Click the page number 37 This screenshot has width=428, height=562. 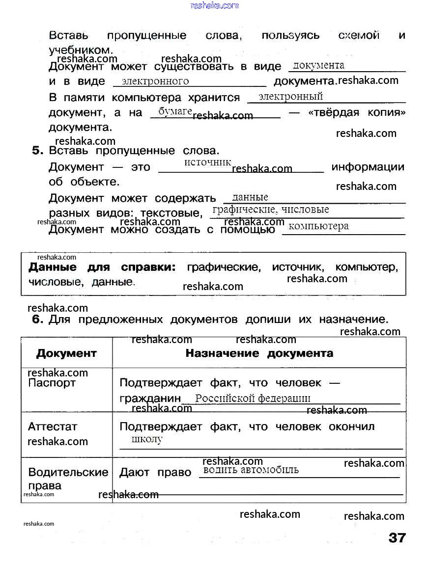tap(397, 537)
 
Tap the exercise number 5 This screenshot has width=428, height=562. tap(38, 151)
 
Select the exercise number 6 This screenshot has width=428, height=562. tap(38, 320)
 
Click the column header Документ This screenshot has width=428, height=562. tap(66, 353)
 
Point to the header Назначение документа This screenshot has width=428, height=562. tap(259, 353)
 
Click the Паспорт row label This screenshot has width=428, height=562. tap(52, 383)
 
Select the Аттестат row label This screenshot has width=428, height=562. tap(53, 427)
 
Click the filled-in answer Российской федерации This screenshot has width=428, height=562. tap(253, 399)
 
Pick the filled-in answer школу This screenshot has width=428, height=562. tap(147, 439)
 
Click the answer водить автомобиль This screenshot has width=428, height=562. tap(251, 470)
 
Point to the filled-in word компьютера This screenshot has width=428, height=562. tap(318, 226)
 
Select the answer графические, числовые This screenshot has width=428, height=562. tap(270, 210)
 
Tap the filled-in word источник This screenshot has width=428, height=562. tap(207, 162)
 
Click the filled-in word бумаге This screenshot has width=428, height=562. tap(175, 111)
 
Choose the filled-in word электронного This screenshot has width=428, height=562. tap(155, 81)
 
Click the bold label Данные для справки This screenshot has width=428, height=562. tap(102, 268)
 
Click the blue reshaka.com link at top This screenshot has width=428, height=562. tap(214, 5)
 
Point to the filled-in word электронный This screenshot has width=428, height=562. tap(290, 96)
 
